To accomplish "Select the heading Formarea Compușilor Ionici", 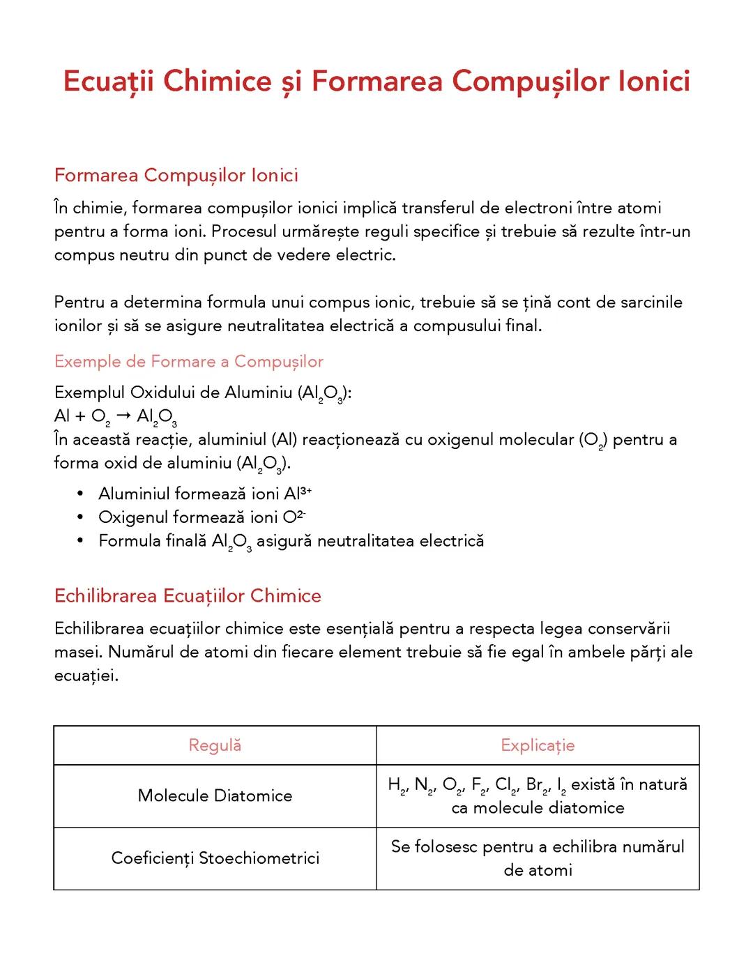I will [x=176, y=175].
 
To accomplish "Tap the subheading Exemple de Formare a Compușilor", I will [x=189, y=361].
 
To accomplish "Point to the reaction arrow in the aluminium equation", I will [x=123, y=416].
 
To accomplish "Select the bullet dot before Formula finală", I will [x=82, y=541].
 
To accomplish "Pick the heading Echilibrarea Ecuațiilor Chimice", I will [x=188, y=596].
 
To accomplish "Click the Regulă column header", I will [x=215, y=745].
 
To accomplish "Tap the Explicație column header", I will [x=538, y=745].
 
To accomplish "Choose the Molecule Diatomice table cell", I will [x=215, y=796].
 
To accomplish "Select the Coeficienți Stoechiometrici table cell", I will [x=215, y=858].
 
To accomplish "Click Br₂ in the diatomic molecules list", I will [x=537, y=786].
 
